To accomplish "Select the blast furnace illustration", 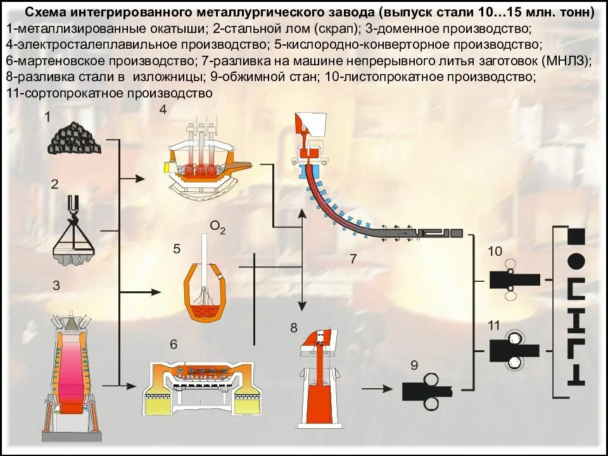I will pyautogui.click(x=75, y=374).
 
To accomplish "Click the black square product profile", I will pyautogui.click(x=576, y=237).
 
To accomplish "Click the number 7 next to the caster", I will pyautogui.click(x=353, y=258).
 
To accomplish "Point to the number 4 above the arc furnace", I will pyautogui.click(x=163, y=110).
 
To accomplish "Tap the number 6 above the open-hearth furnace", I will pyautogui.click(x=174, y=345).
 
